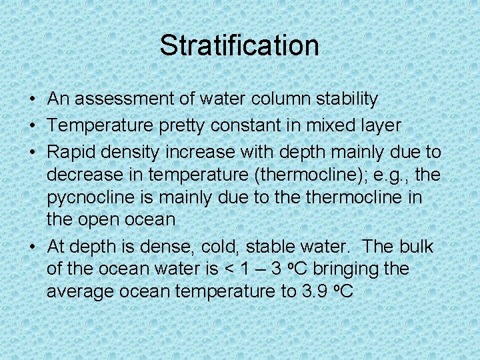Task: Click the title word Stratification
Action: pos(239,45)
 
